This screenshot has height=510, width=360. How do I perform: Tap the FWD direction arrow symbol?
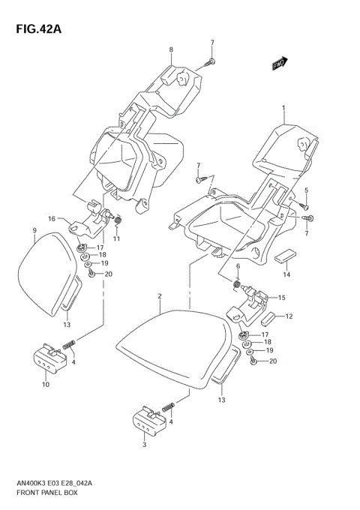click(x=282, y=65)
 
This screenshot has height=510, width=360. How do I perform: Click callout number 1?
click(x=283, y=108)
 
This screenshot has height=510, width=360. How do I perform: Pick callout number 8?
click(x=170, y=50)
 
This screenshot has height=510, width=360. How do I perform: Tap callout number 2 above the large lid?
click(x=160, y=297)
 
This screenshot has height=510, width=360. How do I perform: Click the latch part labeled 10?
click(x=47, y=359)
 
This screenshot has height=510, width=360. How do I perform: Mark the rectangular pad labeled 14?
click(x=285, y=258)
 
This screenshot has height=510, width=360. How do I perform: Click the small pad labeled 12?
click(x=269, y=317)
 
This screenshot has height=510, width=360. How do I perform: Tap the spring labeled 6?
click(x=238, y=284)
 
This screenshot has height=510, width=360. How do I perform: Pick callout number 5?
click(x=306, y=190)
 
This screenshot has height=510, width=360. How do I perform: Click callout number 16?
click(x=52, y=219)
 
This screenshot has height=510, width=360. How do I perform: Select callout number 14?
click(x=285, y=275)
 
